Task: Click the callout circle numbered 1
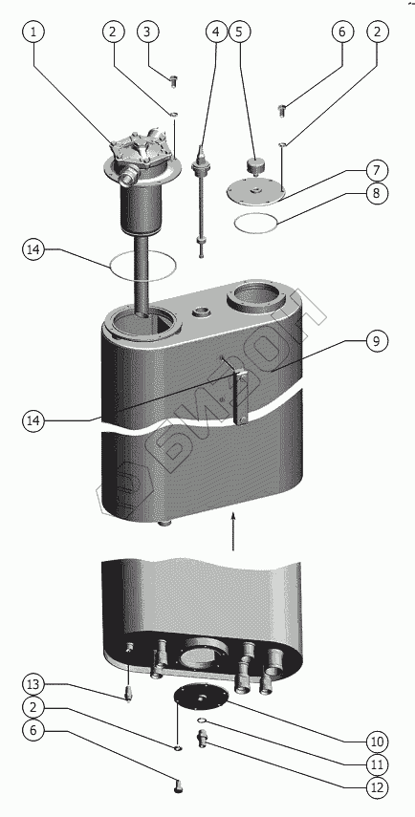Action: click(33, 32)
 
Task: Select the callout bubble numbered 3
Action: click(147, 32)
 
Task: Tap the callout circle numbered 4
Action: click(216, 32)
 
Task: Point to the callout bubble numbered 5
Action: click(239, 32)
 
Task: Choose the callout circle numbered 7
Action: click(377, 170)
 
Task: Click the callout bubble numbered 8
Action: click(377, 194)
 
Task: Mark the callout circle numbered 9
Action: click(377, 341)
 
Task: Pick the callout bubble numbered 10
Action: click(377, 742)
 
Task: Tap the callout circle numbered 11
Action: click(377, 764)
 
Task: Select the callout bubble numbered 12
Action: click(377, 788)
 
